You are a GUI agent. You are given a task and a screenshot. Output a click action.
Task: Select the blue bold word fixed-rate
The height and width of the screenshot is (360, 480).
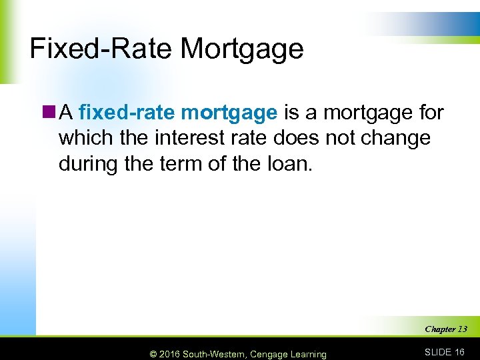click(127, 113)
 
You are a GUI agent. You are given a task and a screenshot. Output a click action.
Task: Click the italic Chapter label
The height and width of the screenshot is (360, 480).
click(439, 329)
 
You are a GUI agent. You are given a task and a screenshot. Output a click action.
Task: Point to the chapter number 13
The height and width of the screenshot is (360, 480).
click(461, 329)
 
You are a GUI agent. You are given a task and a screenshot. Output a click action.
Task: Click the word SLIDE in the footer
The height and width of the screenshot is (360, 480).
click(438, 352)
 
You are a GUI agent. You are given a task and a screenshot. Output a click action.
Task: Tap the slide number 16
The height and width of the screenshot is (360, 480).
click(460, 352)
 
